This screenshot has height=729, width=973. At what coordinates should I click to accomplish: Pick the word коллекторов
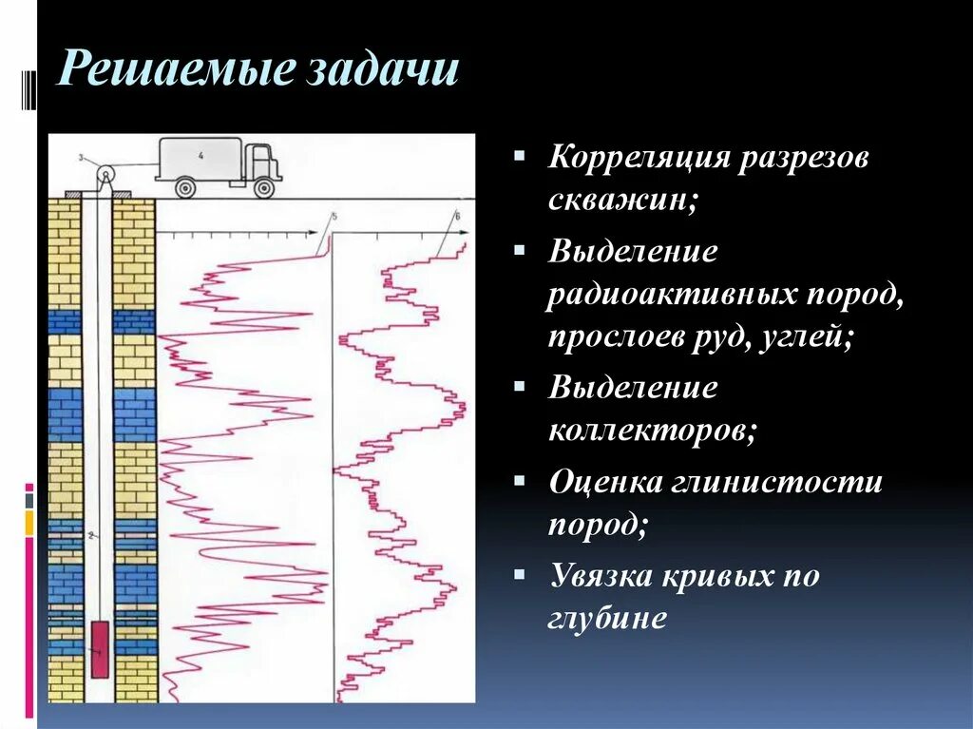pyautogui.click(x=652, y=432)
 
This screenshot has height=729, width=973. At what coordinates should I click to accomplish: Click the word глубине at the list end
pyautogui.click(x=608, y=618)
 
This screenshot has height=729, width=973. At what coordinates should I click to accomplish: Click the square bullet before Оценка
pyautogui.click(x=519, y=481)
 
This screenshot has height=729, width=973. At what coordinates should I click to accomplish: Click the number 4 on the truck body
pyautogui.click(x=200, y=154)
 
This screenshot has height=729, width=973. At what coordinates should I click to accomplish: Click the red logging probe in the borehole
pyautogui.click(x=99, y=649)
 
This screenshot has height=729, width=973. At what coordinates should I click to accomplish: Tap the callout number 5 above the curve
pyautogui.click(x=334, y=218)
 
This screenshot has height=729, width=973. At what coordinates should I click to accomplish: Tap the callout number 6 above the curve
pyautogui.click(x=457, y=218)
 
